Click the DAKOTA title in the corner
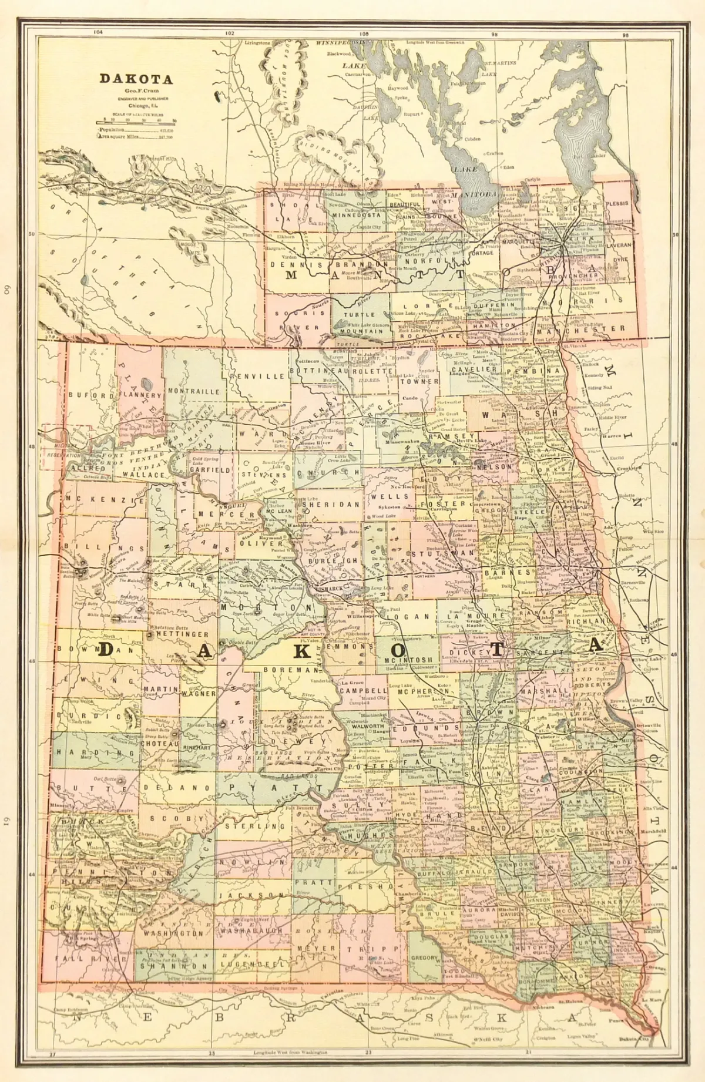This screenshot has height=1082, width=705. pos(136,79)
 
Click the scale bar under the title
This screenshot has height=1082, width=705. pos(136,122)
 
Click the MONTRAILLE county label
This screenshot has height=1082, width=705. pos(194,391)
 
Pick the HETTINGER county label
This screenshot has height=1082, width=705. pos(182,634)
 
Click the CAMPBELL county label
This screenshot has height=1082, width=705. pos(363,691)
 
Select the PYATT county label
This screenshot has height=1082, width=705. pos(274,787)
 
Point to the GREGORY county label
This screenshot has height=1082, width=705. pos(424,958)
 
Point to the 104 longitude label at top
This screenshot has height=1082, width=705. pos(98,32)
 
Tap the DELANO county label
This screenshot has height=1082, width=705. pos(176,787)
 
